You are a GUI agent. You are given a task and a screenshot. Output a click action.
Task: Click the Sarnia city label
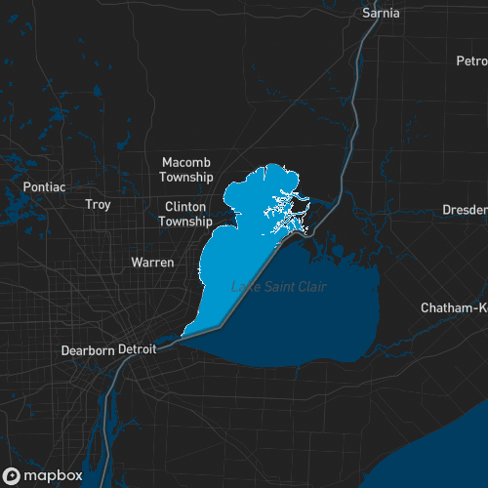pyautogui.click(x=381, y=13)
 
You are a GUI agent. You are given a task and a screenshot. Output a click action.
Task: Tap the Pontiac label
pyautogui.click(x=44, y=186)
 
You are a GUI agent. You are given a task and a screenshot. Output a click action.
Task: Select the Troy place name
pyautogui.click(x=98, y=205)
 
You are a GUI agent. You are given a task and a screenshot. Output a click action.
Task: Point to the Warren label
pyautogui.click(x=152, y=263)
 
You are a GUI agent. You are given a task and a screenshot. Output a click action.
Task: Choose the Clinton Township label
pyautogui.click(x=186, y=214)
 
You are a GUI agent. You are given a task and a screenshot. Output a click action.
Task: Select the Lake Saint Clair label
pyautogui.click(x=279, y=286)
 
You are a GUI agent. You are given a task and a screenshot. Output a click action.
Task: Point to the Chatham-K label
pyautogui.click(x=454, y=307)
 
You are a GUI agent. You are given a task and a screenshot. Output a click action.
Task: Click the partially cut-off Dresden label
pyautogui.click(x=465, y=210)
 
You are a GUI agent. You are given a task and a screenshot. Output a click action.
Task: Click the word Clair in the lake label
pyautogui.click(x=311, y=286)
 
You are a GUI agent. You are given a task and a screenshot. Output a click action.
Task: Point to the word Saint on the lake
pyautogui.click(x=277, y=286)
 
